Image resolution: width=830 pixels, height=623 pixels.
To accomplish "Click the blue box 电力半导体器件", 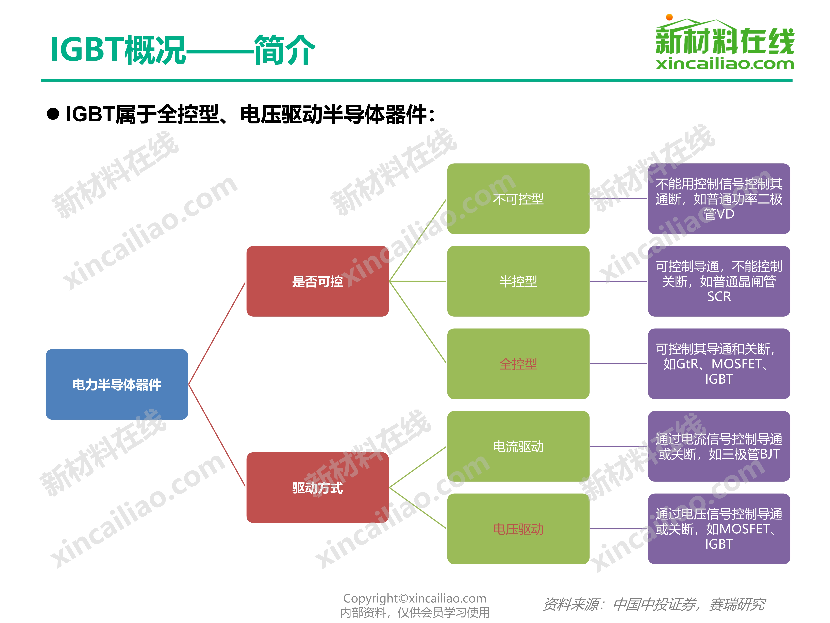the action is point(117,384).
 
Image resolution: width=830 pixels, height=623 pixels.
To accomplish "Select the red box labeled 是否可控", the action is point(317,281).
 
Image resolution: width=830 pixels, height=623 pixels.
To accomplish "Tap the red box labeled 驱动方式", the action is point(317,487).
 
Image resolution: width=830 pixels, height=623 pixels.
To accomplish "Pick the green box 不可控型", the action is point(518,199).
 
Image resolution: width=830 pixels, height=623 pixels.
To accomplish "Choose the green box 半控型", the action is point(518,281).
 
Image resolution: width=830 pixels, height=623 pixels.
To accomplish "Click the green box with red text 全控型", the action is point(518,364).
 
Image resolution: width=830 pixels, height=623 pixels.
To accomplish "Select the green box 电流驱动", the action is point(518,446).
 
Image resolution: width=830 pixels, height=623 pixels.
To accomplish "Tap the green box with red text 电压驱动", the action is point(518,529).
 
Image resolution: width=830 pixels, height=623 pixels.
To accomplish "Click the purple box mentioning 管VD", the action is point(719,199).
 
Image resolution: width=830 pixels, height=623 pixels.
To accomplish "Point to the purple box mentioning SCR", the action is point(719,281).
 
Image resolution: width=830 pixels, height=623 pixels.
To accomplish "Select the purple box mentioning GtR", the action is point(719,364).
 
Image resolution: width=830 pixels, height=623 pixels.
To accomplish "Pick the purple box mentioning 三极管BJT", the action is point(719,446).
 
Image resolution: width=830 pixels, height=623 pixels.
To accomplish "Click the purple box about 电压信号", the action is point(719,529).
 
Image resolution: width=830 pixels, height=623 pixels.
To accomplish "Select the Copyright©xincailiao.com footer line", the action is point(415,598).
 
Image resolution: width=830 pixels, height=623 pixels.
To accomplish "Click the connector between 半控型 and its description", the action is point(618,281).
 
